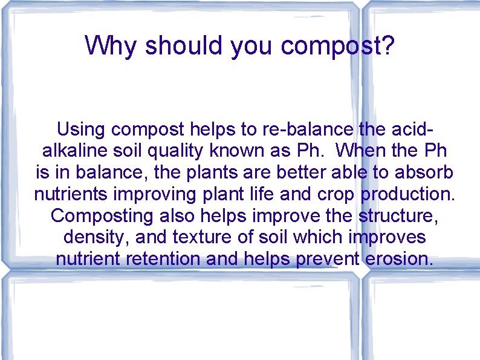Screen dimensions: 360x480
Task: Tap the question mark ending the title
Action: pyautogui.click(x=387, y=46)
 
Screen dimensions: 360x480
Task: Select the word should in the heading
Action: pyautogui.click(x=184, y=46)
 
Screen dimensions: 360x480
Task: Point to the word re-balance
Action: pyautogui.click(x=308, y=129)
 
